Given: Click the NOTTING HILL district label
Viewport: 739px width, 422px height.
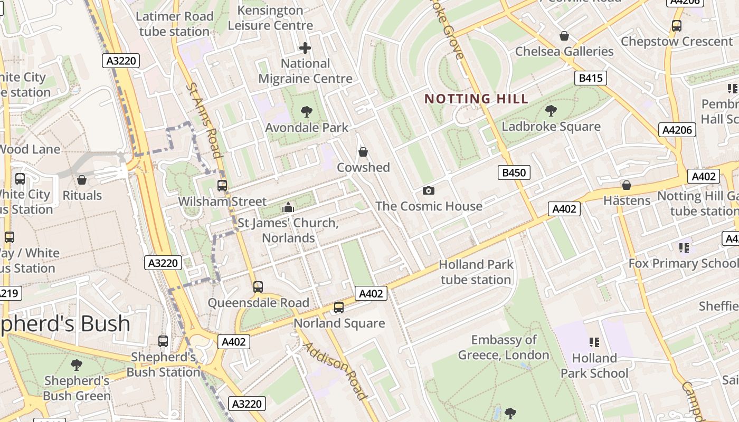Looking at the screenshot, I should [476, 99].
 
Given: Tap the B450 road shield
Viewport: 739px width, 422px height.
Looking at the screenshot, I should [514, 172].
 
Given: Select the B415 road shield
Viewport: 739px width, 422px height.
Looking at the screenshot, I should [590, 79].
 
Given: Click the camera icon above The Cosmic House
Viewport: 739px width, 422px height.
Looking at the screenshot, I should [429, 190].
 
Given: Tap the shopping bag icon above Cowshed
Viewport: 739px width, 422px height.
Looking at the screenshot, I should [363, 152].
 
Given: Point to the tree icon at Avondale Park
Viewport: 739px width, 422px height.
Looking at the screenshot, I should [306, 112].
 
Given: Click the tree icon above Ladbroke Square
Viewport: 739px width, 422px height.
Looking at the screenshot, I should [551, 111].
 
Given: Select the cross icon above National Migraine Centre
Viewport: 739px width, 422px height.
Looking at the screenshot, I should [305, 48].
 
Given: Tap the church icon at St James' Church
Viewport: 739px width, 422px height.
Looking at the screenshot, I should [288, 207].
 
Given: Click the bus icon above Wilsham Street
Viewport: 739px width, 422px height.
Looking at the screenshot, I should [222, 186].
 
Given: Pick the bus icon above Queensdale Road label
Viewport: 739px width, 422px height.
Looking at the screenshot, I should [258, 287].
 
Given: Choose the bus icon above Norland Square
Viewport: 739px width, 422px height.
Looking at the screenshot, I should [339, 308].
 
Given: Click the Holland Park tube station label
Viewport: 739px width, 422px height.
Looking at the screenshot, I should [476, 272].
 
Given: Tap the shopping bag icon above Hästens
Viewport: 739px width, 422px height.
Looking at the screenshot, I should [627, 185].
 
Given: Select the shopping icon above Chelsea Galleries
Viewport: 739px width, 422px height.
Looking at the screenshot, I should [564, 36].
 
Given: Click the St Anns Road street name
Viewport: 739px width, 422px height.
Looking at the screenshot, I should [203, 120].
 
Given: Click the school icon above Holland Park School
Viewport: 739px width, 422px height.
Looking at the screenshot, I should [594, 342].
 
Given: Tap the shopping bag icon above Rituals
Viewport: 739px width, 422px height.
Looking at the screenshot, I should [82, 180].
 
